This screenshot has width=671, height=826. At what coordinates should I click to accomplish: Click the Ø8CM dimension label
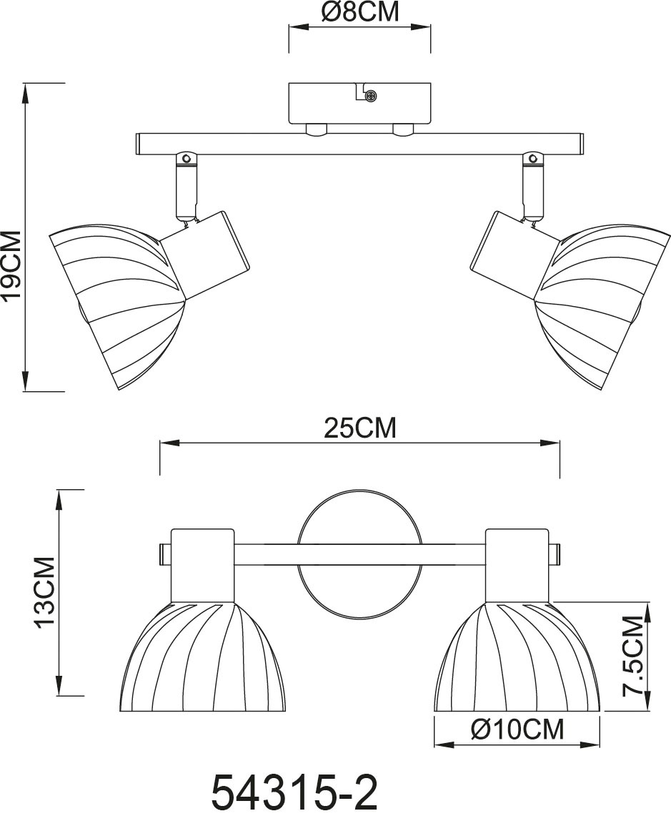click(x=359, y=12)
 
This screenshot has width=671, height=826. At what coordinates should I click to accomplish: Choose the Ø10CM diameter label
click(x=517, y=729)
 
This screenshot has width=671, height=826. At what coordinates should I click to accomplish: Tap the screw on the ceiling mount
click(x=369, y=95)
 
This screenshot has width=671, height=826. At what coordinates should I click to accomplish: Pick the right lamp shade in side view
click(x=604, y=300)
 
